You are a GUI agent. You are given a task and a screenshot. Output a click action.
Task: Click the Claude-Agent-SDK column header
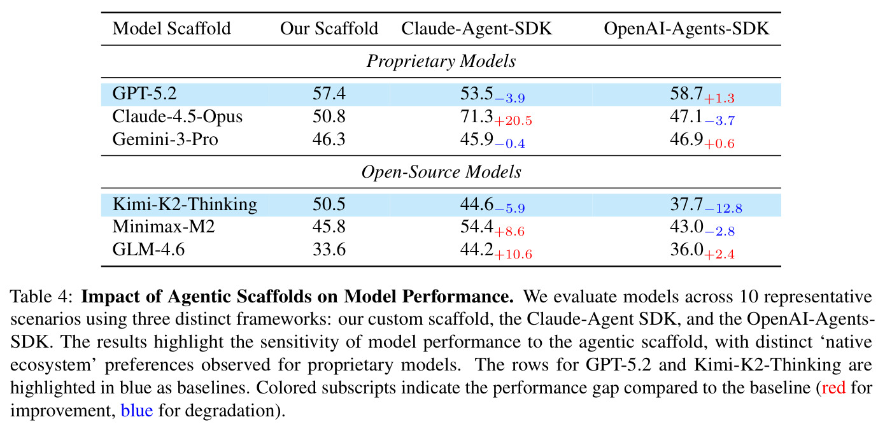coord(476,29)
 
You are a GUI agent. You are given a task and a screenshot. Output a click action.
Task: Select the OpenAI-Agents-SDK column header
coord(686,29)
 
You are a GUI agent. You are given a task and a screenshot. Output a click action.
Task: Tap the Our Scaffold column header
coord(329,29)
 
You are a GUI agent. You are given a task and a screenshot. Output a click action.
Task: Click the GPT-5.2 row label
coord(145,94)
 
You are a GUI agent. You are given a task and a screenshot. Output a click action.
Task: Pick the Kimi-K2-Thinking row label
coord(185,204)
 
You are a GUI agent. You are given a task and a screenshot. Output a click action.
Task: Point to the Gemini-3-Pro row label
coord(165,139)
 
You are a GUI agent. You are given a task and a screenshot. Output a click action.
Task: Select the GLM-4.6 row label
coord(148,250)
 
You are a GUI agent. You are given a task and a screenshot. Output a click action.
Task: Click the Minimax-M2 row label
coord(164,227)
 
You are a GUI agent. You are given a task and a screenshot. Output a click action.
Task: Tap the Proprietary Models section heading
coord(441,61)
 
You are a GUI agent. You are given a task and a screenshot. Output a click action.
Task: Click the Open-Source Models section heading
coord(441,173)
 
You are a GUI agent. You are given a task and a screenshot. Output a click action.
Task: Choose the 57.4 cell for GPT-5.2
coord(329,94)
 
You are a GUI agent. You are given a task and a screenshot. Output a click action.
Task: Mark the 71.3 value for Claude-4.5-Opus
coord(476,117)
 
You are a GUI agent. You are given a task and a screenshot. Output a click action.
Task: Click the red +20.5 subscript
coord(513,120)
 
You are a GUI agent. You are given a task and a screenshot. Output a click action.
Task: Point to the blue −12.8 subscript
coord(723,208)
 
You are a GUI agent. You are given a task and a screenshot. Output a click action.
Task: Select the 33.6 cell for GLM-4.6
coord(329,250)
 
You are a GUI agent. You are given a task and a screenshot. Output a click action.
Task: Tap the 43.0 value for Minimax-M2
coord(686,227)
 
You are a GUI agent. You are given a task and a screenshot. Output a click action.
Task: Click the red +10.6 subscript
coord(513,254)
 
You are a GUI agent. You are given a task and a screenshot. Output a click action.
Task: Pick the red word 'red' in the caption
coord(833,388)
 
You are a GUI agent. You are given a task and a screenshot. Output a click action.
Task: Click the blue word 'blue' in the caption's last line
coord(137,411)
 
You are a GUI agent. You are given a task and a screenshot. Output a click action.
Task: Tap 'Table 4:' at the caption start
coord(41,297)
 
